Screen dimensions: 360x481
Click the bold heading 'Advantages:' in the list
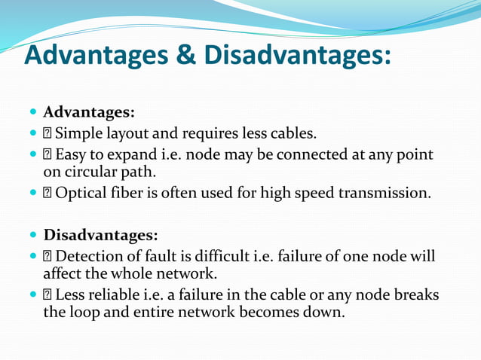coord(89,113)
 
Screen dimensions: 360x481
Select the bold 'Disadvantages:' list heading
coord(101,234)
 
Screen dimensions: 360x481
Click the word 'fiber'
coord(133,193)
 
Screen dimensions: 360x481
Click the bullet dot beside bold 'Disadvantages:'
coord(33,235)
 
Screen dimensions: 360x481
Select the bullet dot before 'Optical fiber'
coord(33,194)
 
